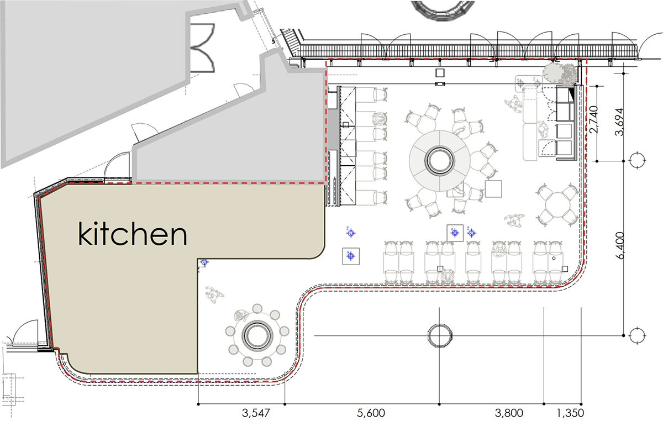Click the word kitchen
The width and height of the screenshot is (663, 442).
[132, 234]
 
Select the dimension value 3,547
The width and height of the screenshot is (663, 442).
[256, 413]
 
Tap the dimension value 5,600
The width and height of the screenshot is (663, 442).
[371, 413]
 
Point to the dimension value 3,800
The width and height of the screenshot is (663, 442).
[509, 413]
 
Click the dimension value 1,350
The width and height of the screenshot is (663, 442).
[570, 413]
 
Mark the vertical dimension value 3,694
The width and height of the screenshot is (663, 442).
[620, 122]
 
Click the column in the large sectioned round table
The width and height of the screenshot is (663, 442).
[440, 160]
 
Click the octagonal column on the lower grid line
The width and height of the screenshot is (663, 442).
[440, 335]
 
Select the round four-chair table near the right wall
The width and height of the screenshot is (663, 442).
[557, 206]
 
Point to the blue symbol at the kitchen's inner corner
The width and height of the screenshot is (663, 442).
[204, 262]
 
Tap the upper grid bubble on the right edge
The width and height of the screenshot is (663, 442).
[637, 160]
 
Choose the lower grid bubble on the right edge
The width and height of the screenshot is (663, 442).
[637, 335]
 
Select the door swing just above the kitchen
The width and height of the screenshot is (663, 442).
[117, 165]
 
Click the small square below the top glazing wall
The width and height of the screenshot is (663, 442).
[440, 73]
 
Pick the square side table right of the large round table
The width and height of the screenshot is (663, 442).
[493, 189]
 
